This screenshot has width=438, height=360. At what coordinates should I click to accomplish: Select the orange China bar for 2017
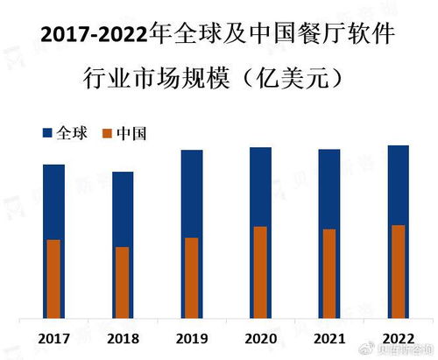(53, 278)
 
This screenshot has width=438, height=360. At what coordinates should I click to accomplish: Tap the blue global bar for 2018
(123, 208)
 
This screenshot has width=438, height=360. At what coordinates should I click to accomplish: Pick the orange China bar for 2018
(123, 281)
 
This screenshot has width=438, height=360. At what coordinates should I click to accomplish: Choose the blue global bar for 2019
(192, 193)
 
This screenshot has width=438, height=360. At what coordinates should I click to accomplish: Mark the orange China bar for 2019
(192, 277)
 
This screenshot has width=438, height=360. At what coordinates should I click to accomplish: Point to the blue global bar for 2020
(260, 187)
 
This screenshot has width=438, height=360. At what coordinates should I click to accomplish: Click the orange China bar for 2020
(260, 272)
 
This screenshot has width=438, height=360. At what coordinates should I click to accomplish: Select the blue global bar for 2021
(329, 189)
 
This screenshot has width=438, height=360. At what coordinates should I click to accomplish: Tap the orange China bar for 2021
(329, 272)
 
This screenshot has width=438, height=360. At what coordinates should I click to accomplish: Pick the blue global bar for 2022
(398, 185)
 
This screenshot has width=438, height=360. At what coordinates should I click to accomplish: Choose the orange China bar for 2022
(398, 271)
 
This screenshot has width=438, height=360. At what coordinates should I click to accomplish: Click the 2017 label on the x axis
(54, 338)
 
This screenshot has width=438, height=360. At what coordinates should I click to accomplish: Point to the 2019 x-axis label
(192, 338)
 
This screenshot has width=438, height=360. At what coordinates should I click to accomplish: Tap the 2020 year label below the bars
(261, 338)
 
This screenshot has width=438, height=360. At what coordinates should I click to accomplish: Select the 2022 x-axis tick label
(399, 338)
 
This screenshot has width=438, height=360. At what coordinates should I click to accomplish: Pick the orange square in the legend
(107, 133)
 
